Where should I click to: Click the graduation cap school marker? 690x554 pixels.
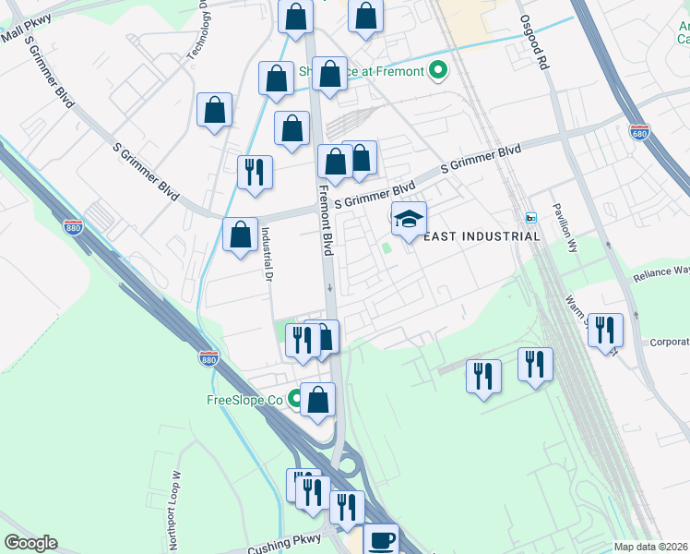pos(409,219)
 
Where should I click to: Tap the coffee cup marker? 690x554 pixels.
pos(381,539)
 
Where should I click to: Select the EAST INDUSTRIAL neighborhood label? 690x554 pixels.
pos(481,236)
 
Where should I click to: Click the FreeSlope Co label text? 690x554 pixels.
pos(244,400)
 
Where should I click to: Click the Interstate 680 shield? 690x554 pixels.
pos(639,132)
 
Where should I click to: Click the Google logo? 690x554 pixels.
pos(30,543)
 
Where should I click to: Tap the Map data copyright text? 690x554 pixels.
pos(650,547)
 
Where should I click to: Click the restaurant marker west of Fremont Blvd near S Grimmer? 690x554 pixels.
pos(255,172)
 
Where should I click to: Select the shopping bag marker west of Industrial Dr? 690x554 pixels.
pos(240,235)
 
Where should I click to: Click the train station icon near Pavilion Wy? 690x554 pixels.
pos(530,218)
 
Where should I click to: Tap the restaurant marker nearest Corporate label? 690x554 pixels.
pos(605,330)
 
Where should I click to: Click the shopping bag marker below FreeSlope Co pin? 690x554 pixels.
pos(317,400)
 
